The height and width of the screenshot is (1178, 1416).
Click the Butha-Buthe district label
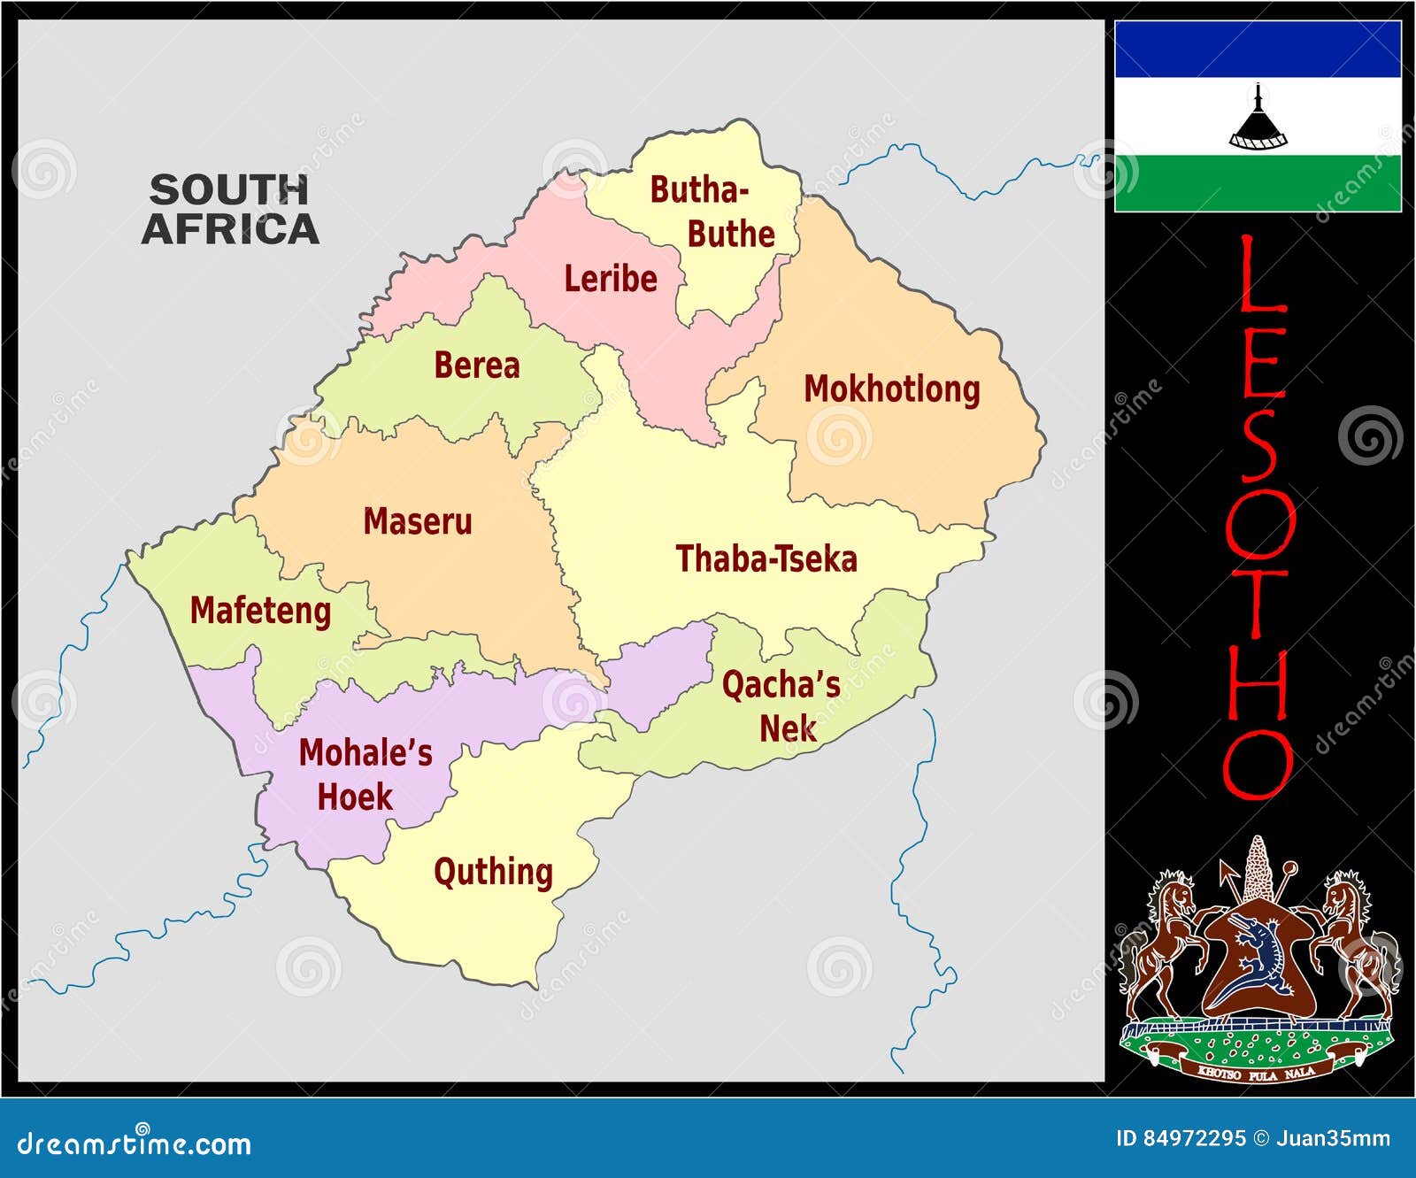[x=712, y=212]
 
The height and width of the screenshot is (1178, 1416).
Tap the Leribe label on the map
[x=611, y=279]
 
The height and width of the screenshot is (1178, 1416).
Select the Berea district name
[x=476, y=366]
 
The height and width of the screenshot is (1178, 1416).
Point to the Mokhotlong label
[x=891, y=389]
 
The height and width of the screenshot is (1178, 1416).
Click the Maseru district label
[x=417, y=521]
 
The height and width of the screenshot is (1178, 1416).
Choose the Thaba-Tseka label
[x=766, y=559]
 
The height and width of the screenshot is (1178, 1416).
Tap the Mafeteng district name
[x=260, y=611]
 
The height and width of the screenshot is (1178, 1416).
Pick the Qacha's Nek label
[x=781, y=706]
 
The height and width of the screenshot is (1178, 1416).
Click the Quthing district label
[x=493, y=872]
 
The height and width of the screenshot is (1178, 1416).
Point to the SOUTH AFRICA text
[x=230, y=210]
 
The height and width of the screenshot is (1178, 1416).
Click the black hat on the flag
[x=1258, y=119]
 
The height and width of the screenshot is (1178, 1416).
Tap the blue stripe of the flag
[x=1258, y=50]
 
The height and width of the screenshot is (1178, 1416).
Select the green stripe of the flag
[x=1258, y=183]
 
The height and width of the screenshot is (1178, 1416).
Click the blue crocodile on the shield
[x=1258, y=956]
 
